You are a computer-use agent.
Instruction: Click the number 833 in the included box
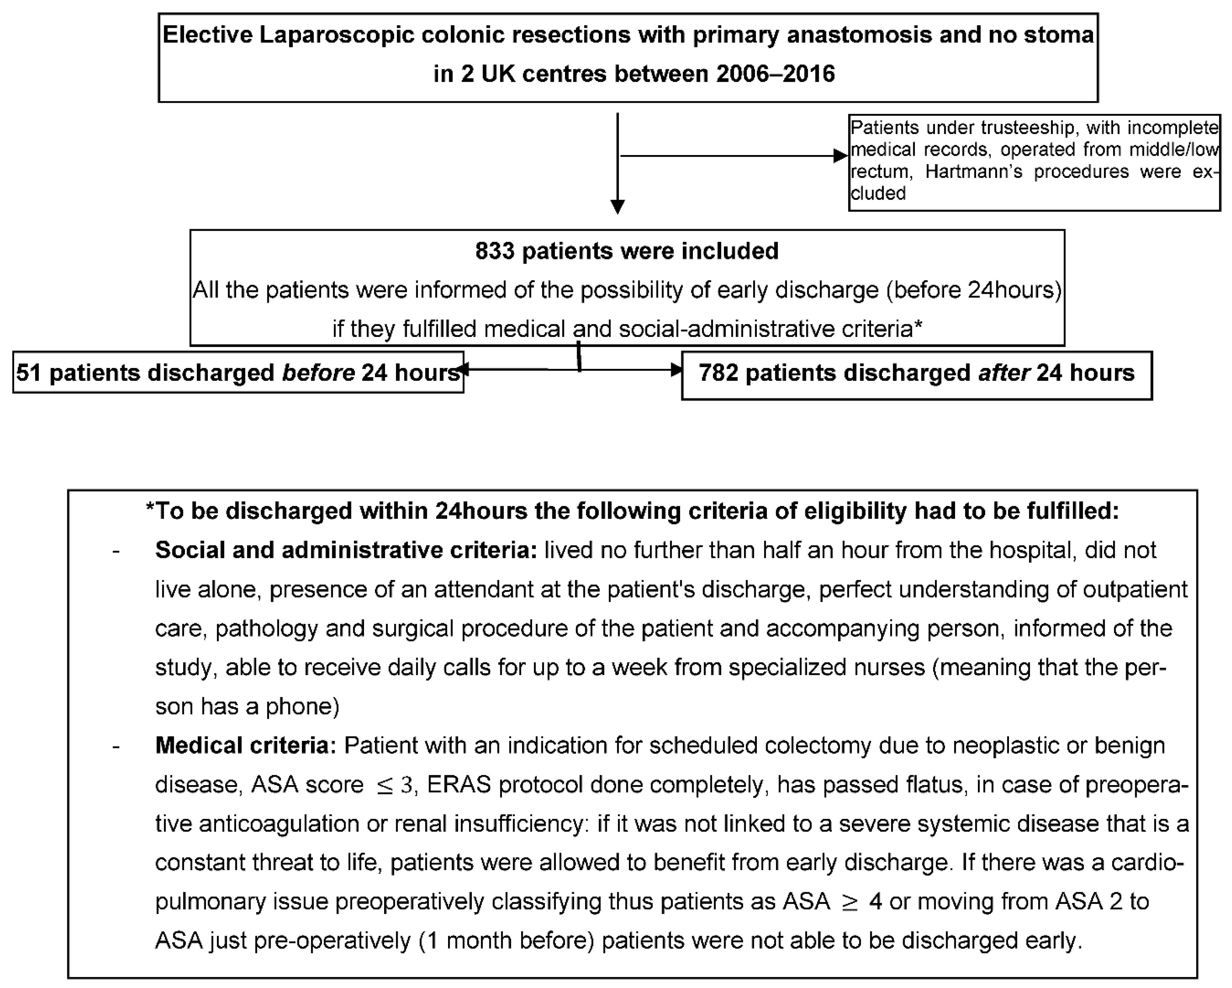coord(495,251)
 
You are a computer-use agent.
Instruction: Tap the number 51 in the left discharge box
coord(28,372)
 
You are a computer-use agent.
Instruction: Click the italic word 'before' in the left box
coord(318,372)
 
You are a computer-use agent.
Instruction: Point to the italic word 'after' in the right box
coord(1003,372)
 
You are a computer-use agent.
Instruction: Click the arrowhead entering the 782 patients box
coord(676,370)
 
